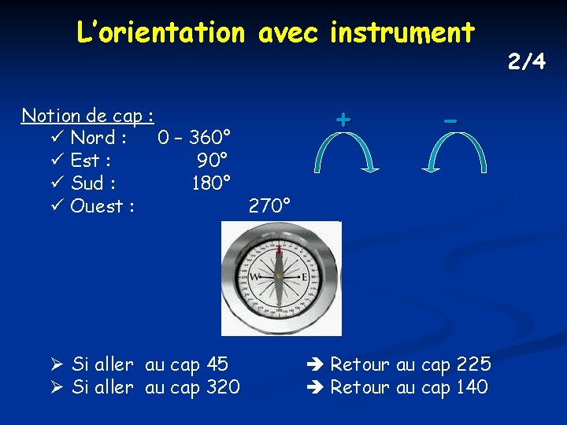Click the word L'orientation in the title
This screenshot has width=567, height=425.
click(161, 33)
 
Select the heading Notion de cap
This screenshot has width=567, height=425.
click(87, 116)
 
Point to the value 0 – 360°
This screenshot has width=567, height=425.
click(194, 139)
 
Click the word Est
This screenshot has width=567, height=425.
click(90, 161)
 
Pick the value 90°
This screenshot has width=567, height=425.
click(213, 161)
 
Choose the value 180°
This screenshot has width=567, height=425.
click(211, 184)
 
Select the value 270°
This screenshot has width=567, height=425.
click(269, 207)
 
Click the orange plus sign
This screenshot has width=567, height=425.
click(343, 120)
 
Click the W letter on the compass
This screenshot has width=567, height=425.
click(255, 279)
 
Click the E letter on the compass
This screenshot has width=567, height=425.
click(305, 279)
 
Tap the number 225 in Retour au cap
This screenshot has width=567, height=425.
click(473, 364)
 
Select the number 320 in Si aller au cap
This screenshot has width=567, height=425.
click(223, 387)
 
